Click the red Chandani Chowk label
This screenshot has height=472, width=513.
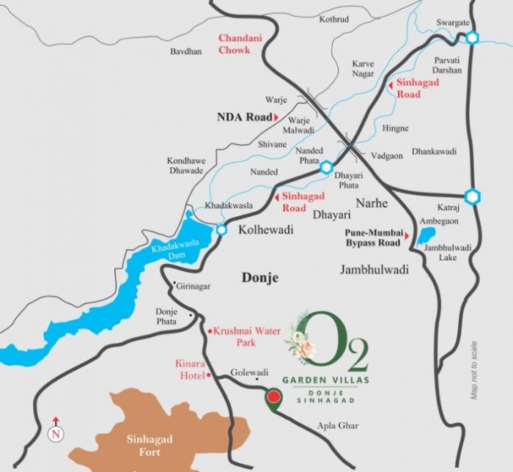click(x=235, y=44)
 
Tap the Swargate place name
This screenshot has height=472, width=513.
click(x=452, y=23)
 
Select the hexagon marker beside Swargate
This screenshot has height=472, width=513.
click(x=473, y=38)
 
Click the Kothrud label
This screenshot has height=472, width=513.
click(x=334, y=18)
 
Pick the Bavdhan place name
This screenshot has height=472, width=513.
click(x=185, y=52)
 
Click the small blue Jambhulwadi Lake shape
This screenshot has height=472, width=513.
click(x=425, y=236)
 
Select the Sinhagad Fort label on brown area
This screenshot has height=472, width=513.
click(x=150, y=446)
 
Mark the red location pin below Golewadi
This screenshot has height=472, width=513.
click(x=273, y=398)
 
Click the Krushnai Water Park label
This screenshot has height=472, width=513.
click(x=247, y=336)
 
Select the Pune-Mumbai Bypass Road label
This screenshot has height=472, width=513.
click(x=372, y=237)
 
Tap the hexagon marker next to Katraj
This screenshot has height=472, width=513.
click(x=473, y=196)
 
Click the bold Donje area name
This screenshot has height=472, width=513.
click(x=260, y=277)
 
